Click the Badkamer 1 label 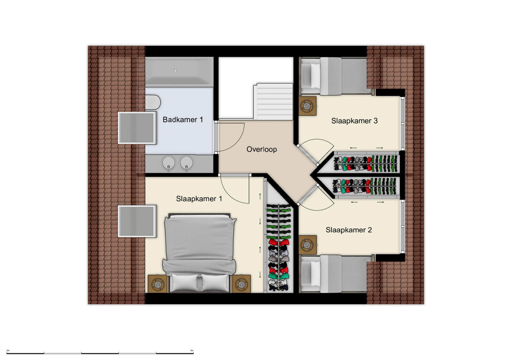pyautogui.click(x=183, y=120)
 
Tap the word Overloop pyautogui.click(x=261, y=149)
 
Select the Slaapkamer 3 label pyautogui.click(x=354, y=121)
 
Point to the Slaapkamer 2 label pyautogui.click(x=349, y=230)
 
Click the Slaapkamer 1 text pyautogui.click(x=199, y=199)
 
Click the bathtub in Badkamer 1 pyautogui.click(x=179, y=72)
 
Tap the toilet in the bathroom pyautogui.click(x=152, y=102)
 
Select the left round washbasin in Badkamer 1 pyautogui.click(x=168, y=163)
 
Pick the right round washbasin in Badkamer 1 pyautogui.click(x=187, y=163)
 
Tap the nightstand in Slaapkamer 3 pyautogui.click(x=307, y=106)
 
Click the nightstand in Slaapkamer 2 pyautogui.click(x=307, y=245)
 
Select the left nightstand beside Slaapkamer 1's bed pyautogui.click(x=157, y=284)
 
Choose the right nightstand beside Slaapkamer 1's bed pyautogui.click(x=241, y=284)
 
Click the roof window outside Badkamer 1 pyautogui.click(x=137, y=128)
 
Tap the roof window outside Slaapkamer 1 pyautogui.click(x=137, y=221)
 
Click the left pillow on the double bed pyautogui.click(x=185, y=283)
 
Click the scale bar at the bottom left pyautogui.click(x=100, y=353)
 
